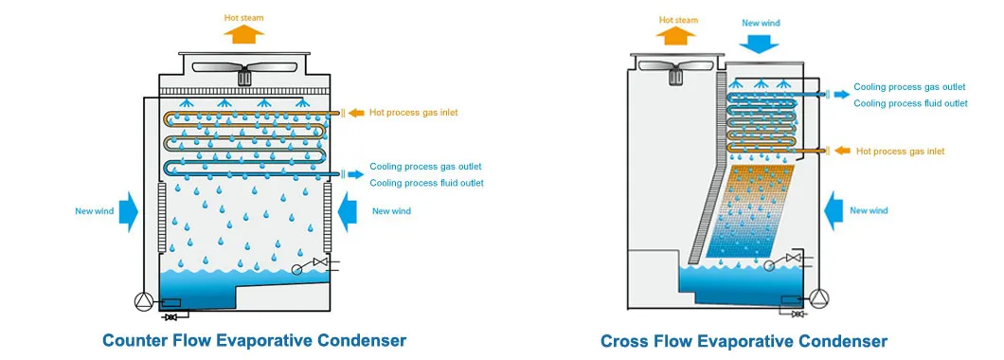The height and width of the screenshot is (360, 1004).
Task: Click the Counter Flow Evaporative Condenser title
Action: tap(254, 340)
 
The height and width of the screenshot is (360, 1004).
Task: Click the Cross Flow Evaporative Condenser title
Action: tap(744, 341)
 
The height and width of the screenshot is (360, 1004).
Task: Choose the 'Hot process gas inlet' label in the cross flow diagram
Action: tap(900, 151)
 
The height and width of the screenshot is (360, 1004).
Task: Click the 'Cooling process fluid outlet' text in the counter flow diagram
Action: tap(426, 183)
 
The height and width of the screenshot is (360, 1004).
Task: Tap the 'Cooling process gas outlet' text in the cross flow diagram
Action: tap(908, 86)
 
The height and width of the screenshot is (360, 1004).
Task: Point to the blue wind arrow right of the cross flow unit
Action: tap(835, 210)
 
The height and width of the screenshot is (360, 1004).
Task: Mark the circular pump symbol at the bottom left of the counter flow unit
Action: tap(143, 300)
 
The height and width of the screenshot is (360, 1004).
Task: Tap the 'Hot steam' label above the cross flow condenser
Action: tap(678, 18)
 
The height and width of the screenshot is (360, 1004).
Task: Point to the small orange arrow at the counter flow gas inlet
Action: tap(355, 113)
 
